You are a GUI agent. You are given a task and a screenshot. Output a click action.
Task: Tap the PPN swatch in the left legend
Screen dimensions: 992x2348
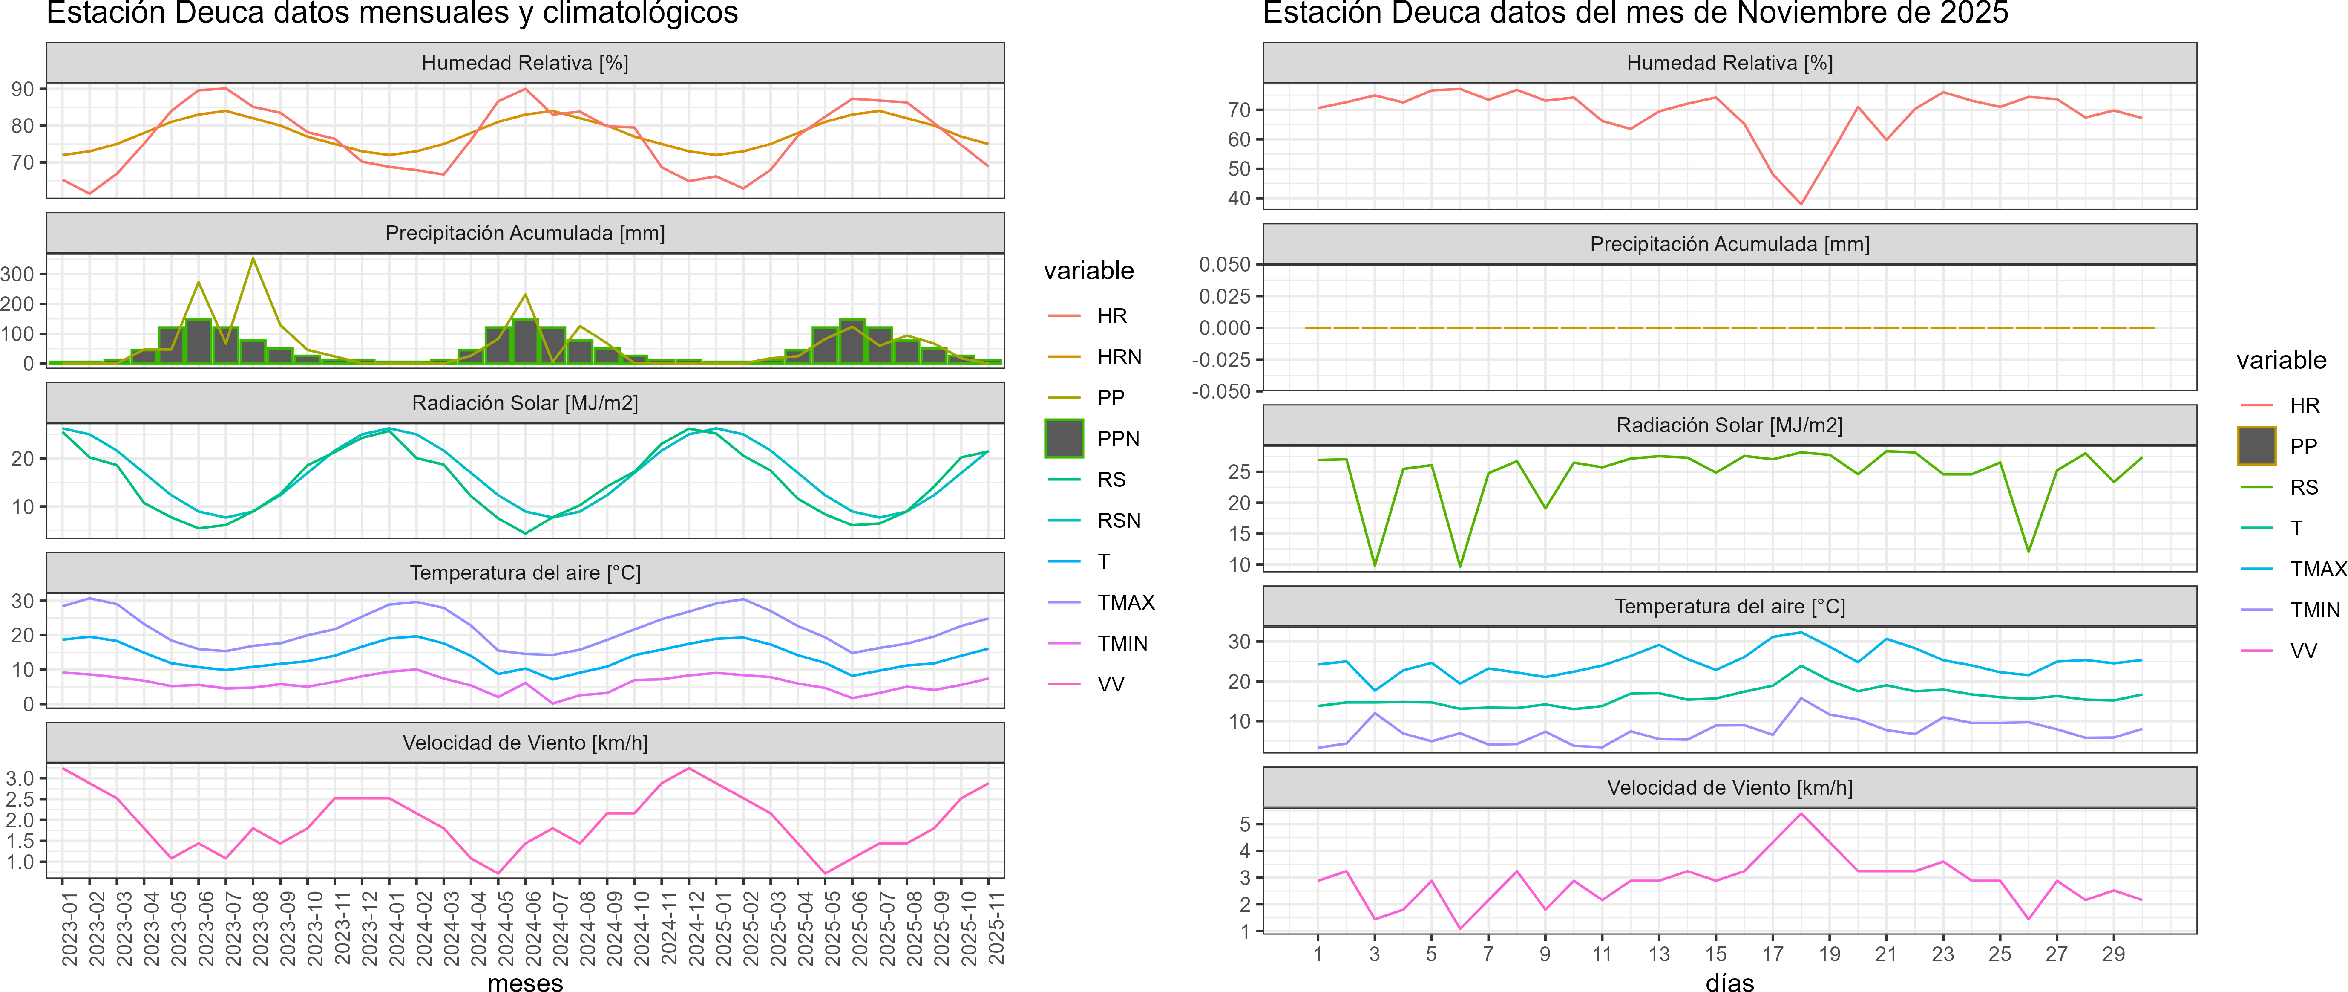coord(1064,439)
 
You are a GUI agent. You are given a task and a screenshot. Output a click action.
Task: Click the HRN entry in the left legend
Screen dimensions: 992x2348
coord(1118,356)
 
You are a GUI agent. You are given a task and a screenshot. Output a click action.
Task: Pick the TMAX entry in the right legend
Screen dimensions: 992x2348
coord(2317,569)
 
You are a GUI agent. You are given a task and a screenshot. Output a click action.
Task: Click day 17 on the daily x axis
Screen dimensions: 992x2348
coord(1772,954)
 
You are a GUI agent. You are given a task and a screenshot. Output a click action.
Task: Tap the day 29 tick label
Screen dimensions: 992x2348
coord(2113,954)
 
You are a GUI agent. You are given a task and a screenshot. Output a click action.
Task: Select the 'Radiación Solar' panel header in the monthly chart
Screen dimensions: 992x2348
coord(525,403)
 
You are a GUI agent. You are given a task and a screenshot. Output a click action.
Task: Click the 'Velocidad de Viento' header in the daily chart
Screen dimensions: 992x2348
coord(1729,787)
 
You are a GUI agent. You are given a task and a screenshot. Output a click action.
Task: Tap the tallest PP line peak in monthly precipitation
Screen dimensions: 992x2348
coord(253,259)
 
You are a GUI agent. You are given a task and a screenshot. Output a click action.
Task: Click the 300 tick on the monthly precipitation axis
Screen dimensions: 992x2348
coord(17,274)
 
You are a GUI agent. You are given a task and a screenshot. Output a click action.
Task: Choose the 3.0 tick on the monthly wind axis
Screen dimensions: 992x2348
coord(20,778)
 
